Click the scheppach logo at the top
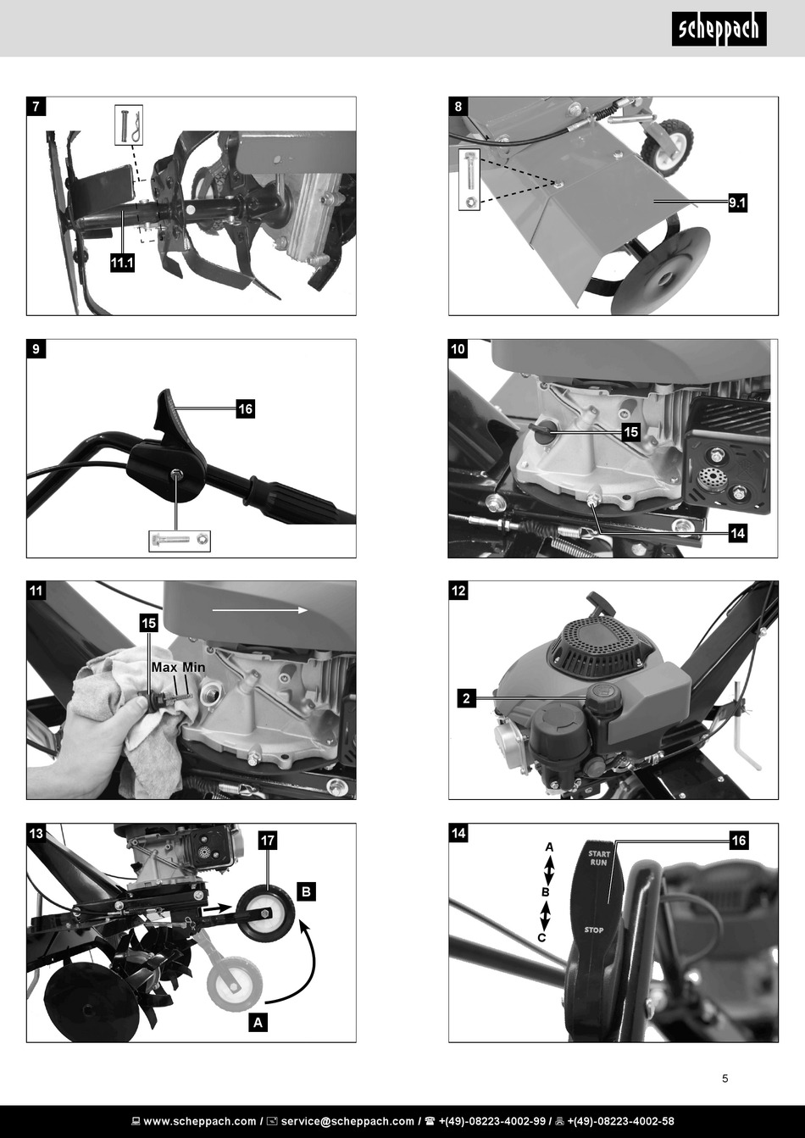(719, 30)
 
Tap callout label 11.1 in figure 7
(122, 263)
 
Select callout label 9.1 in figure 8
(737, 203)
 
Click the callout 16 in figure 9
(245, 409)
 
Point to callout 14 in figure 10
(737, 533)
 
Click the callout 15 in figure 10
(630, 432)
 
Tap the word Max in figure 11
(164, 667)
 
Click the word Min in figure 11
(193, 667)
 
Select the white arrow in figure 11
(260, 610)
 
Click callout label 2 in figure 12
(466, 698)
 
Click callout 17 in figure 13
(268, 841)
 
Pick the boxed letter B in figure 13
(306, 891)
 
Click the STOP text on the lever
(594, 930)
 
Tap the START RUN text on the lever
(598, 858)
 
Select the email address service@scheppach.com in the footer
(347, 1121)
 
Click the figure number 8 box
(458, 107)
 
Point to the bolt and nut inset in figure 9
(180, 541)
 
